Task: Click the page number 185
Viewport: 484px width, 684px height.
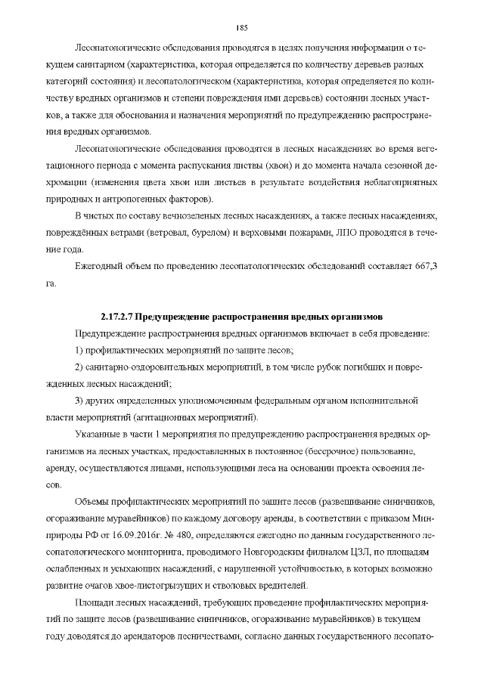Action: pos(242,28)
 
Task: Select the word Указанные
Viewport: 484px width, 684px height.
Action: pos(99,435)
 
